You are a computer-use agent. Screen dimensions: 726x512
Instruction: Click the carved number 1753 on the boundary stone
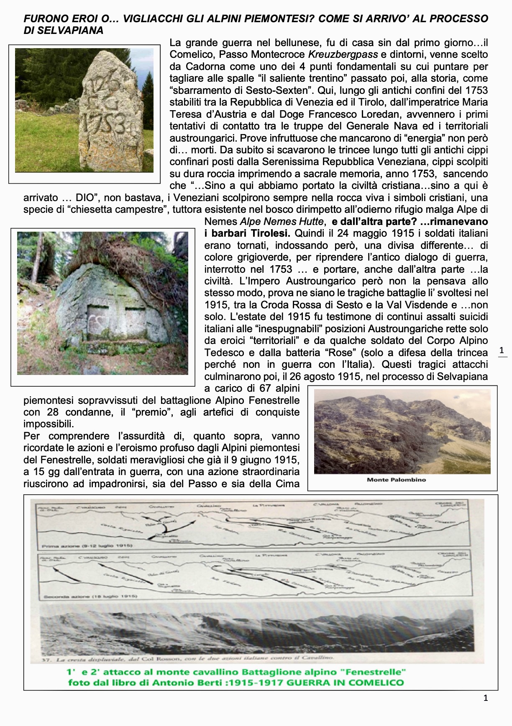click(x=103, y=122)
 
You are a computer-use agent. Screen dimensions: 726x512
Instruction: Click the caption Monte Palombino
click(x=396, y=480)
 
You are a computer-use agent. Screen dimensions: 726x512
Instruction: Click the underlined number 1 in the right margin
click(x=502, y=350)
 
